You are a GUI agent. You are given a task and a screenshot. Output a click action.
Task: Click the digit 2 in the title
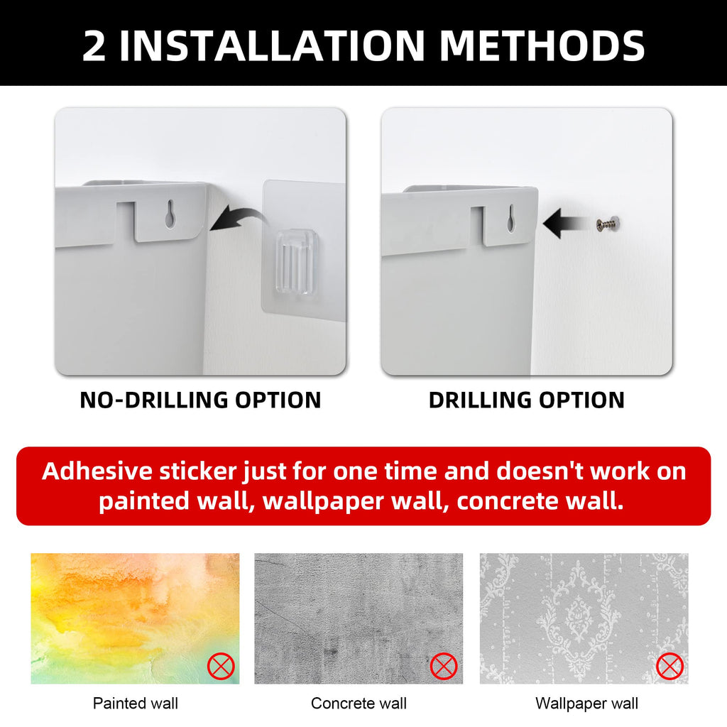pyautogui.click(x=94, y=45)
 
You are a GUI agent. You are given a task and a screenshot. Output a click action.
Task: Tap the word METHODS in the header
pyautogui.click(x=542, y=45)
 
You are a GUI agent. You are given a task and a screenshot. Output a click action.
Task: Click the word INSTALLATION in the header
pyautogui.click(x=272, y=45)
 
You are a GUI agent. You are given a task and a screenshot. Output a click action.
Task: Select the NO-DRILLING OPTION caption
pyautogui.click(x=200, y=400)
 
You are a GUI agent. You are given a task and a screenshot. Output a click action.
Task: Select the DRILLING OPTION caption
pyautogui.click(x=526, y=400)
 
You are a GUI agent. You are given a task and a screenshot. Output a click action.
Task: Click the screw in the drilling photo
pyautogui.click(x=608, y=224)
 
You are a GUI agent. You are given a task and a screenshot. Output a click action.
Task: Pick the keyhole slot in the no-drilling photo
pyautogui.click(x=170, y=214)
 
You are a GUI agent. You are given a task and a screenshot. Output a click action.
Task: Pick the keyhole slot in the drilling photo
pyautogui.click(x=511, y=219)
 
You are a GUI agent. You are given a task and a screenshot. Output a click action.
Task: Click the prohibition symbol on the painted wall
pyautogui.click(x=221, y=666)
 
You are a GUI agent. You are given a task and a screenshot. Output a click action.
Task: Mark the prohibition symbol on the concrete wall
pyautogui.click(x=444, y=666)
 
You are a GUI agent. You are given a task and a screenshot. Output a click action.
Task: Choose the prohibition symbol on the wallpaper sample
pyautogui.click(x=669, y=666)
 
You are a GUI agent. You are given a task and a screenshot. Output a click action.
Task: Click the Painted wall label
pyautogui.click(x=136, y=704)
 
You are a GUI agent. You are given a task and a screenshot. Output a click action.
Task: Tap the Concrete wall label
pyautogui.click(x=359, y=704)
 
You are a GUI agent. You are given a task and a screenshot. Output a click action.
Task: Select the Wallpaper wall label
pyautogui.click(x=586, y=704)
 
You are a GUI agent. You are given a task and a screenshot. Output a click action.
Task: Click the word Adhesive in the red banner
pyautogui.click(x=97, y=471)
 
